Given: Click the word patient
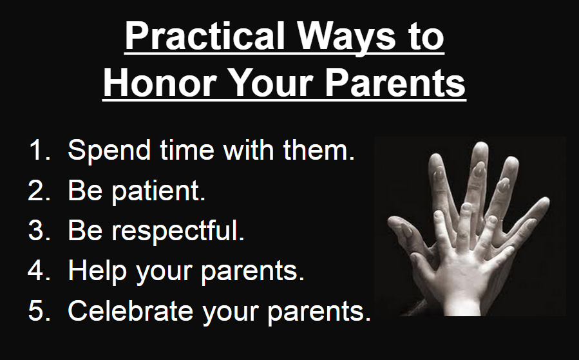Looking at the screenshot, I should coord(158,192).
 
